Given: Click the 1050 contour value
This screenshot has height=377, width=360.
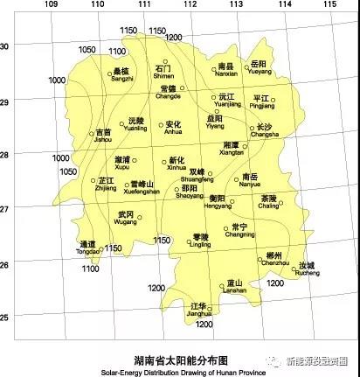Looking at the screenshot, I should point(87,50).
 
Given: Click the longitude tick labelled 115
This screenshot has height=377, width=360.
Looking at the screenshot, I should point(329,5).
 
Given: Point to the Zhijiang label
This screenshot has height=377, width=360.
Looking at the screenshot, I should point(104,186).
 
